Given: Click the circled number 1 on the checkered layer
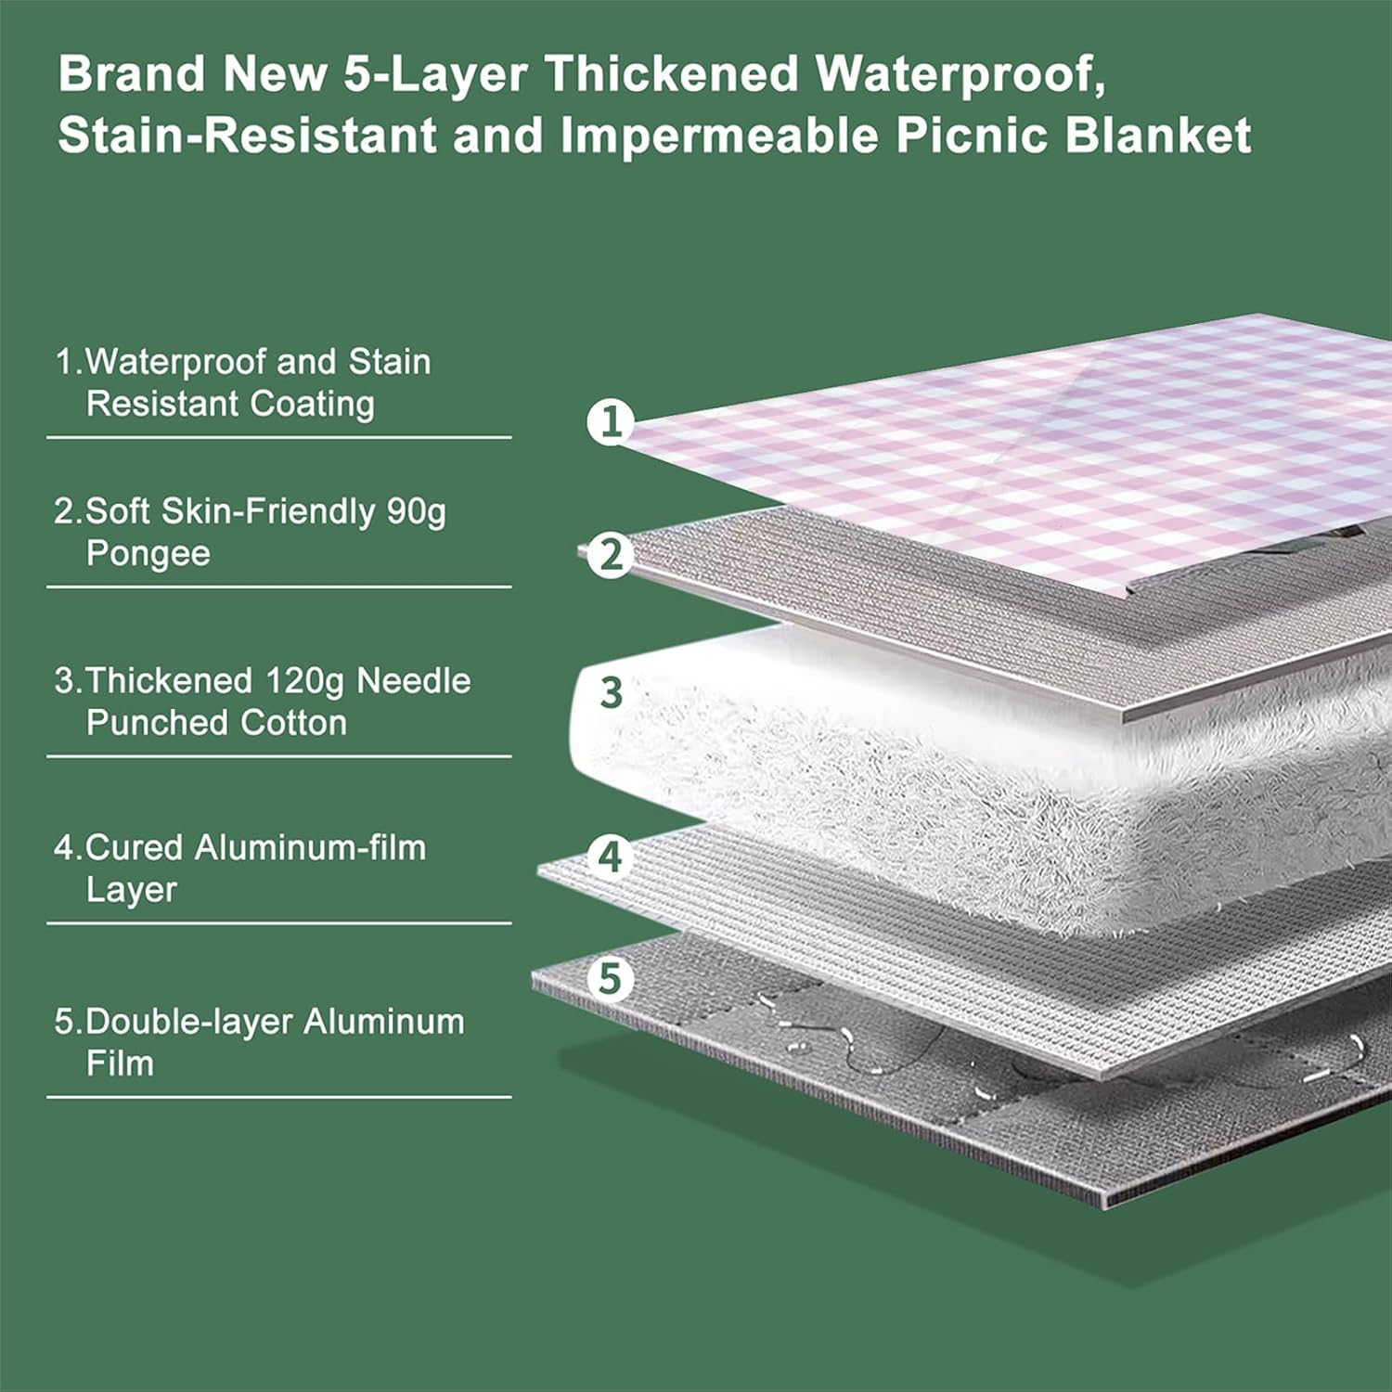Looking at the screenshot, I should click(611, 422).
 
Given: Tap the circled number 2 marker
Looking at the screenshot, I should click(611, 555).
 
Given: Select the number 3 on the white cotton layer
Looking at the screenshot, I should click(611, 692).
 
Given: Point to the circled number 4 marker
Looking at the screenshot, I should click(611, 857).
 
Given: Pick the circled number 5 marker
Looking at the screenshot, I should click(611, 978).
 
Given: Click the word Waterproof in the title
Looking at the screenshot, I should click(960, 74).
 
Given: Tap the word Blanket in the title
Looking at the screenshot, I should click(1158, 135).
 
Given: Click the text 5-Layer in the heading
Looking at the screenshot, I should click(436, 74).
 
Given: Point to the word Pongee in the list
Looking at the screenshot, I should click(148, 553).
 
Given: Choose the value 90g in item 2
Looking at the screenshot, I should click(417, 511).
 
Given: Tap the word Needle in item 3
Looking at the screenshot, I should click(414, 681).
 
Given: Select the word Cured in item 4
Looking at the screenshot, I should click(135, 847).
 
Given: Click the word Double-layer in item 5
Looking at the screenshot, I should click(189, 1021).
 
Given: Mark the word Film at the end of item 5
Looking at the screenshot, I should click(120, 1063).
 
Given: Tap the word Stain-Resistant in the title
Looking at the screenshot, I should click(247, 135).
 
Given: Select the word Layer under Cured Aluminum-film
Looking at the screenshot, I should click(131, 890).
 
